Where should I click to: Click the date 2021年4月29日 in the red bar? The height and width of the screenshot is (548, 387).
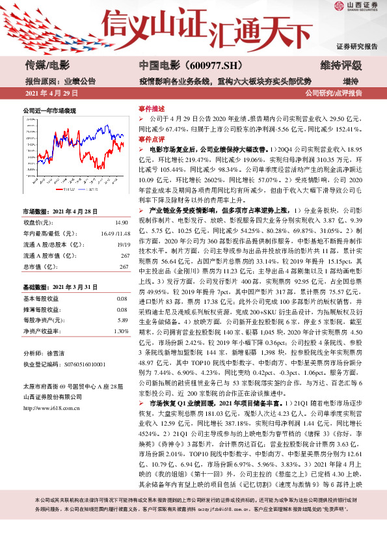51,94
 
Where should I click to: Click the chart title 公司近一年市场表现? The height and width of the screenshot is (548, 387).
49,111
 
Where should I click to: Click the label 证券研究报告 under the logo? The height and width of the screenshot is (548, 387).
357,46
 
